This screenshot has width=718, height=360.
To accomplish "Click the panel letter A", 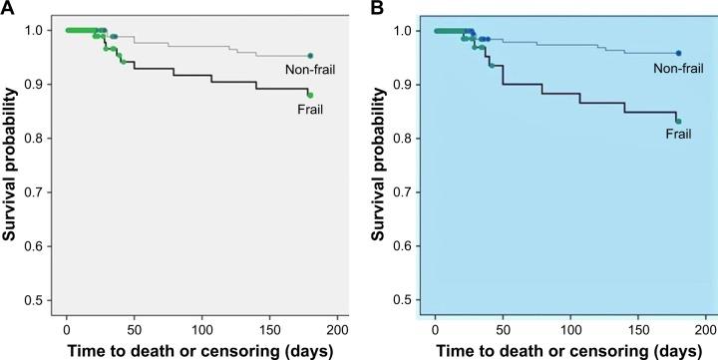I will click(8, 8).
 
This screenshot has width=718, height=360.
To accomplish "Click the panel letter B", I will click(377, 8).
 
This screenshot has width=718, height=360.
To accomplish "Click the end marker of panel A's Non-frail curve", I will click(310, 56).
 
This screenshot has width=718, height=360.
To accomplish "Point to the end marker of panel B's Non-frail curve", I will click(678, 53).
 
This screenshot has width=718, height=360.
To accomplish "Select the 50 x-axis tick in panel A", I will click(134, 327).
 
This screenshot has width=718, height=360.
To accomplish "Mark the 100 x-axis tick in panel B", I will click(569, 327).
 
